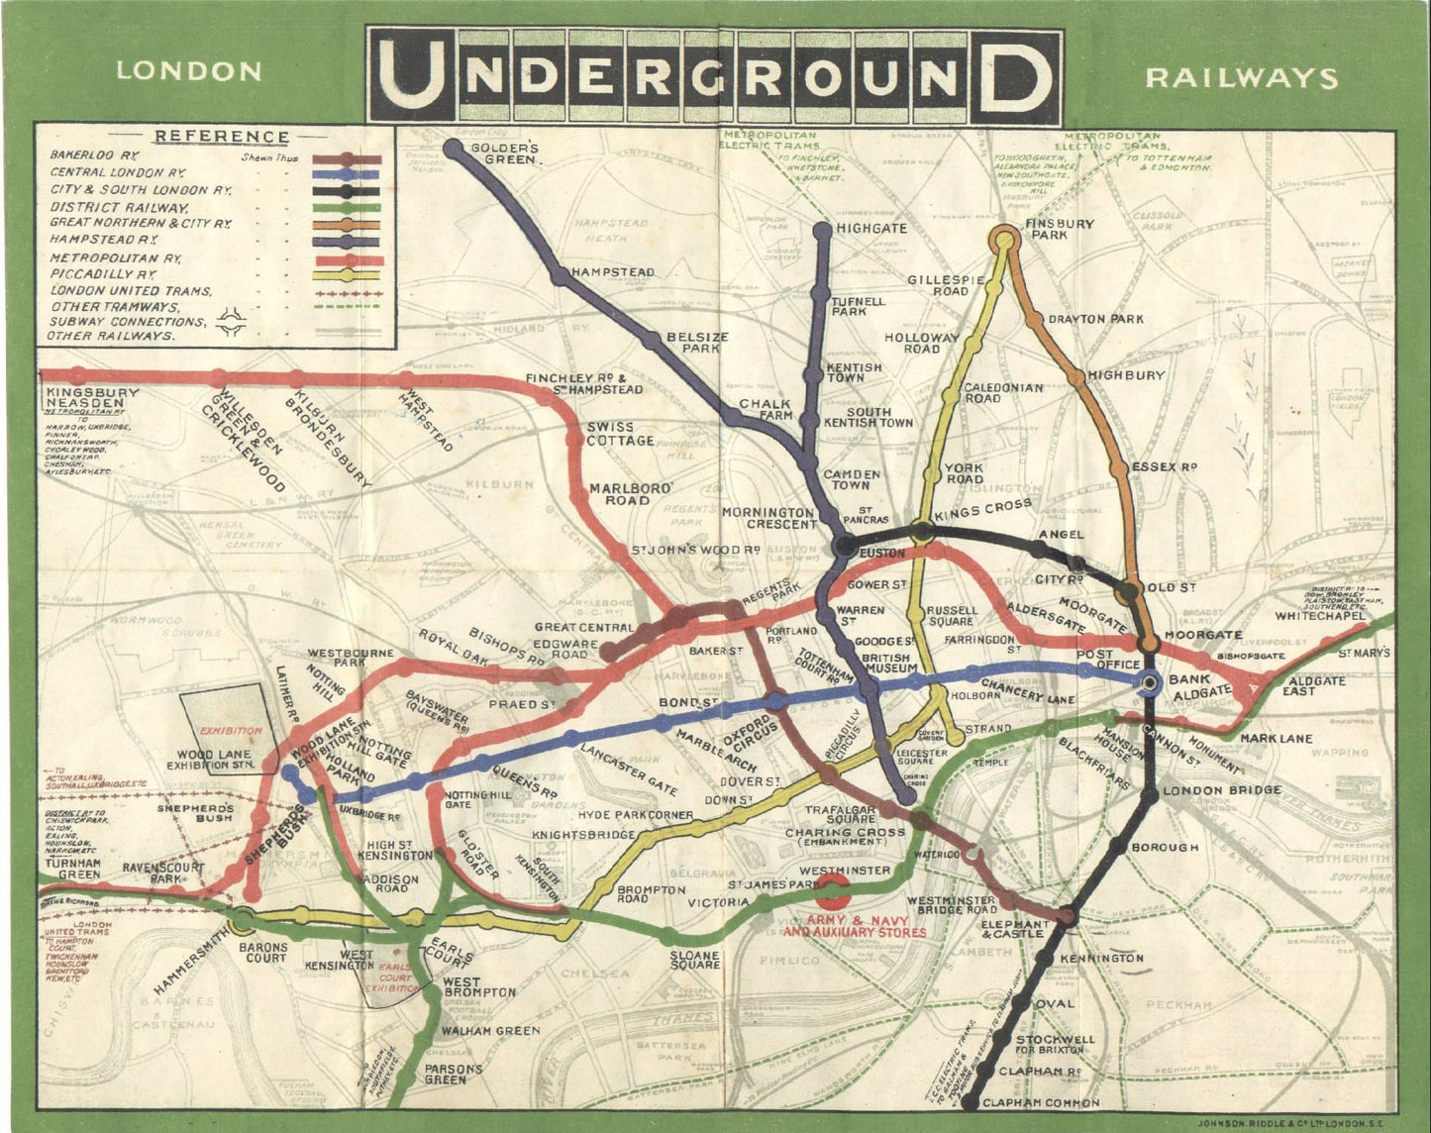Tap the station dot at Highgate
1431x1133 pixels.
[x=822, y=231]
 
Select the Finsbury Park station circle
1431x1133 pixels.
[x=1004, y=239]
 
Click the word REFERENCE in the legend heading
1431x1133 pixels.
[x=223, y=137]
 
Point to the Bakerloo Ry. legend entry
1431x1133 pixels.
[x=95, y=155]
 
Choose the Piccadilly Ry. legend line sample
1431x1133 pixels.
[x=347, y=274]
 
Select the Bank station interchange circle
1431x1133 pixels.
[x=1149, y=682]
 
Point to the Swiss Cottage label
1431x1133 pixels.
[x=620, y=434]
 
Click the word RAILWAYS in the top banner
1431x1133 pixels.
[x=1241, y=77]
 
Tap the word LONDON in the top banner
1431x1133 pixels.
[x=188, y=71]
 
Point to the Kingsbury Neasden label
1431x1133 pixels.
[x=92, y=398]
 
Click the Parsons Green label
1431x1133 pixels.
[x=454, y=1075]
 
